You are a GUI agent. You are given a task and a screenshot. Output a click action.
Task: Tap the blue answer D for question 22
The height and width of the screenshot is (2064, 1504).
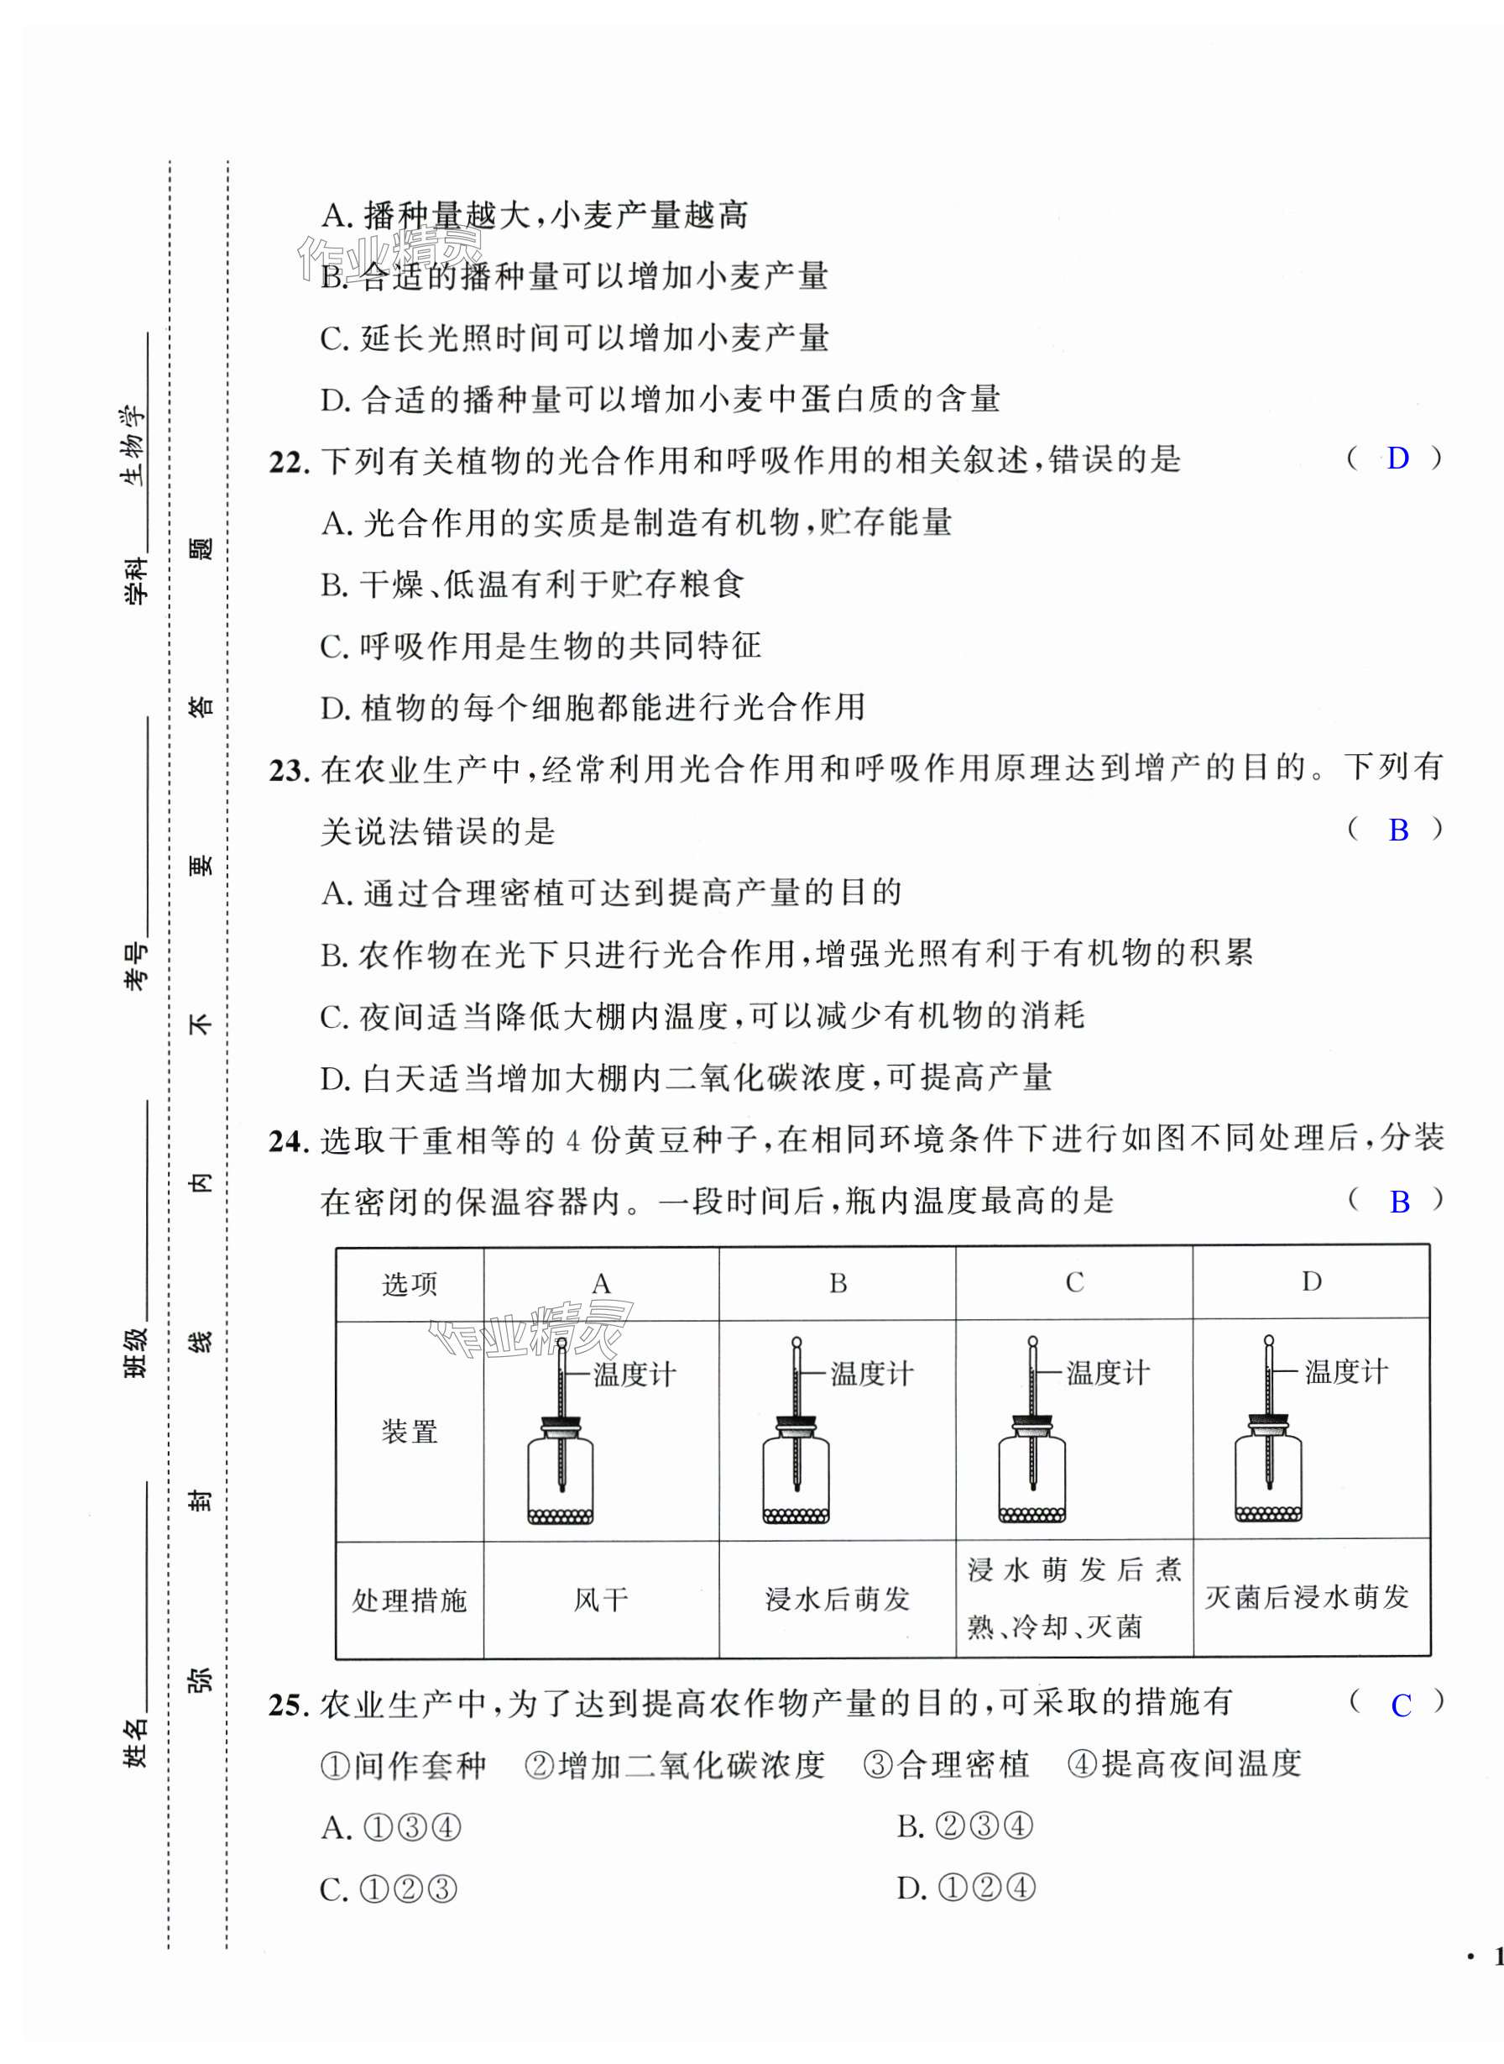(1397, 458)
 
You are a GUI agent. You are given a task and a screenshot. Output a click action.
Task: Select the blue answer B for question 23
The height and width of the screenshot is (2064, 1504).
(1398, 830)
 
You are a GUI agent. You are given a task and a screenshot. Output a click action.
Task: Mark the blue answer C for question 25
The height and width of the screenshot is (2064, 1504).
(1401, 1705)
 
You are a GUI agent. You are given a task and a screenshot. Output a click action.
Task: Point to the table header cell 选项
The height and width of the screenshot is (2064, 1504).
(410, 1284)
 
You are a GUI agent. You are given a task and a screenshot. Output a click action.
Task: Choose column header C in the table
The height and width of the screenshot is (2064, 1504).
(1074, 1282)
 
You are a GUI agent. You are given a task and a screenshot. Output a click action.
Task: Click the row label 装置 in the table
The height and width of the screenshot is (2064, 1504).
(410, 1432)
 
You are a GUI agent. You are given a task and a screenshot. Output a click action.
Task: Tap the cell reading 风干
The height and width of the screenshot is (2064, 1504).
(601, 1600)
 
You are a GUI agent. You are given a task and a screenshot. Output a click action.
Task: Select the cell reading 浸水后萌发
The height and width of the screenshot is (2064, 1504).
(838, 1600)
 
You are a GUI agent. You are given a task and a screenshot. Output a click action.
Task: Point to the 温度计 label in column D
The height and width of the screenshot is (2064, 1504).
(1345, 1372)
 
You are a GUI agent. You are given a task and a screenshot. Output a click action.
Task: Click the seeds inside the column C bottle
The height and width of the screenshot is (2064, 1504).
(1031, 1516)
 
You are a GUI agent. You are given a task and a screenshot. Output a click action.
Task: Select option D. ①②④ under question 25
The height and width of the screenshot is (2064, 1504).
(966, 1889)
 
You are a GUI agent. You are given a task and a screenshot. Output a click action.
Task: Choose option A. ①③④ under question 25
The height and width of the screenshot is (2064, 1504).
(391, 1827)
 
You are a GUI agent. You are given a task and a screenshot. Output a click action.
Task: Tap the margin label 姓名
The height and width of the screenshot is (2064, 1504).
(135, 1743)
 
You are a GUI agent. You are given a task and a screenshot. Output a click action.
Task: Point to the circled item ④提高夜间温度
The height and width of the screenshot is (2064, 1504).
(1183, 1765)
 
